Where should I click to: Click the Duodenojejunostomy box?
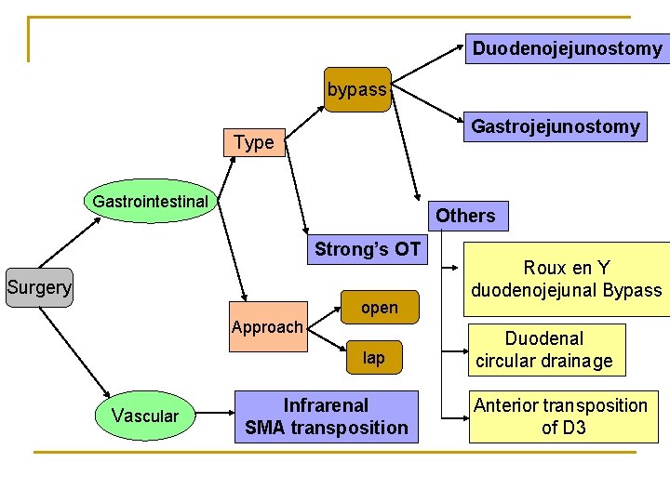(x=567, y=48)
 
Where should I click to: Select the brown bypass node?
(x=357, y=89)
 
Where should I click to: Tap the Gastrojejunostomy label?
(x=556, y=126)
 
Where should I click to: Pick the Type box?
(x=254, y=142)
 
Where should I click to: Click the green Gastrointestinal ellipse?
(x=150, y=201)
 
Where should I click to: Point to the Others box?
(x=465, y=216)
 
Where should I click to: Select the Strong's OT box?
(x=368, y=249)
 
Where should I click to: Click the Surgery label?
(x=38, y=287)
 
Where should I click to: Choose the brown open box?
(x=379, y=308)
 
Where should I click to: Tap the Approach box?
(x=267, y=327)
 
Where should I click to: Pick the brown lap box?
(x=373, y=358)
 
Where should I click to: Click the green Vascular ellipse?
(x=143, y=416)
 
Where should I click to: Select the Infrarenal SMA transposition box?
(x=326, y=416)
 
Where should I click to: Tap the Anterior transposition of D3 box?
(x=561, y=416)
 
